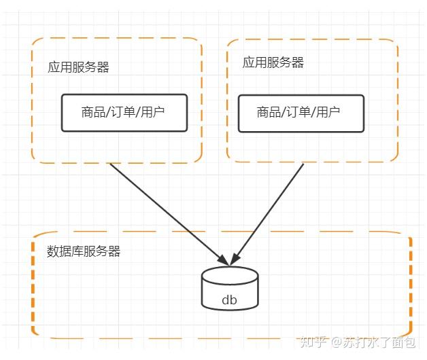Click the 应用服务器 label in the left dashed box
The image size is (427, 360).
tap(78, 67)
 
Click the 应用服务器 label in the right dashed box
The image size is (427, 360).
tap(273, 62)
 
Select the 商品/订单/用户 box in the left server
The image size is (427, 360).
tap(124, 113)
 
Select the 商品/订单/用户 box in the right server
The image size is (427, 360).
tap(300, 113)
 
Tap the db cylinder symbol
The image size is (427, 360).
tap(230, 288)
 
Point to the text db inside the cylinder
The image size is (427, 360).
tap(230, 299)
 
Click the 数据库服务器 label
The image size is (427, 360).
tap(84, 251)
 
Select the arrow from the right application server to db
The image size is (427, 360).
tap(269, 211)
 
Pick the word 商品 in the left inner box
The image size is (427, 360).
tap(92, 113)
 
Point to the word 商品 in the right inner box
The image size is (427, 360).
tap(269, 113)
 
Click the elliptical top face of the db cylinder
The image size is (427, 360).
tap(230, 275)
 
